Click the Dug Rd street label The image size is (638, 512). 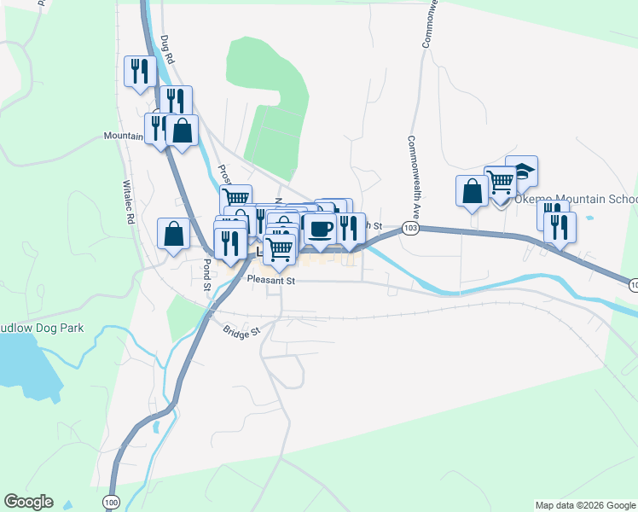pyautogui.click(x=168, y=49)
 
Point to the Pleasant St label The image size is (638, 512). pyautogui.click(x=270, y=280)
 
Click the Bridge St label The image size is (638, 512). pyautogui.click(x=241, y=331)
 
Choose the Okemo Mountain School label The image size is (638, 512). pyautogui.click(x=576, y=200)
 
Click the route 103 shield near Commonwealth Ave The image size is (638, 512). pyautogui.click(x=411, y=230)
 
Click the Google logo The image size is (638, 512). pyautogui.click(x=28, y=502)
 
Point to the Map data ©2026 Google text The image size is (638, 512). pyautogui.click(x=585, y=505)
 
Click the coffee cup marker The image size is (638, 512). pyautogui.click(x=320, y=229)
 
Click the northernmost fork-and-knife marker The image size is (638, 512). pyautogui.click(x=137, y=71)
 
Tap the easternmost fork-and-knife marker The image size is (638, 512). pyautogui.click(x=560, y=227)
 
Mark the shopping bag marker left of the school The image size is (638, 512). pyautogui.click(x=472, y=191)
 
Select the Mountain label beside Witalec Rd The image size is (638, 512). pyautogui.click(x=123, y=136)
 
